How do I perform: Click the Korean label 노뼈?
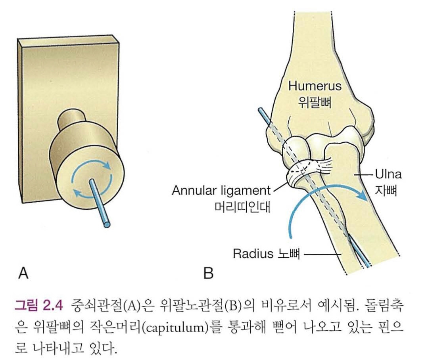tap(287, 253)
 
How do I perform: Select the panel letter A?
tap(23, 274)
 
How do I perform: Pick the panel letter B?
tap(208, 274)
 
